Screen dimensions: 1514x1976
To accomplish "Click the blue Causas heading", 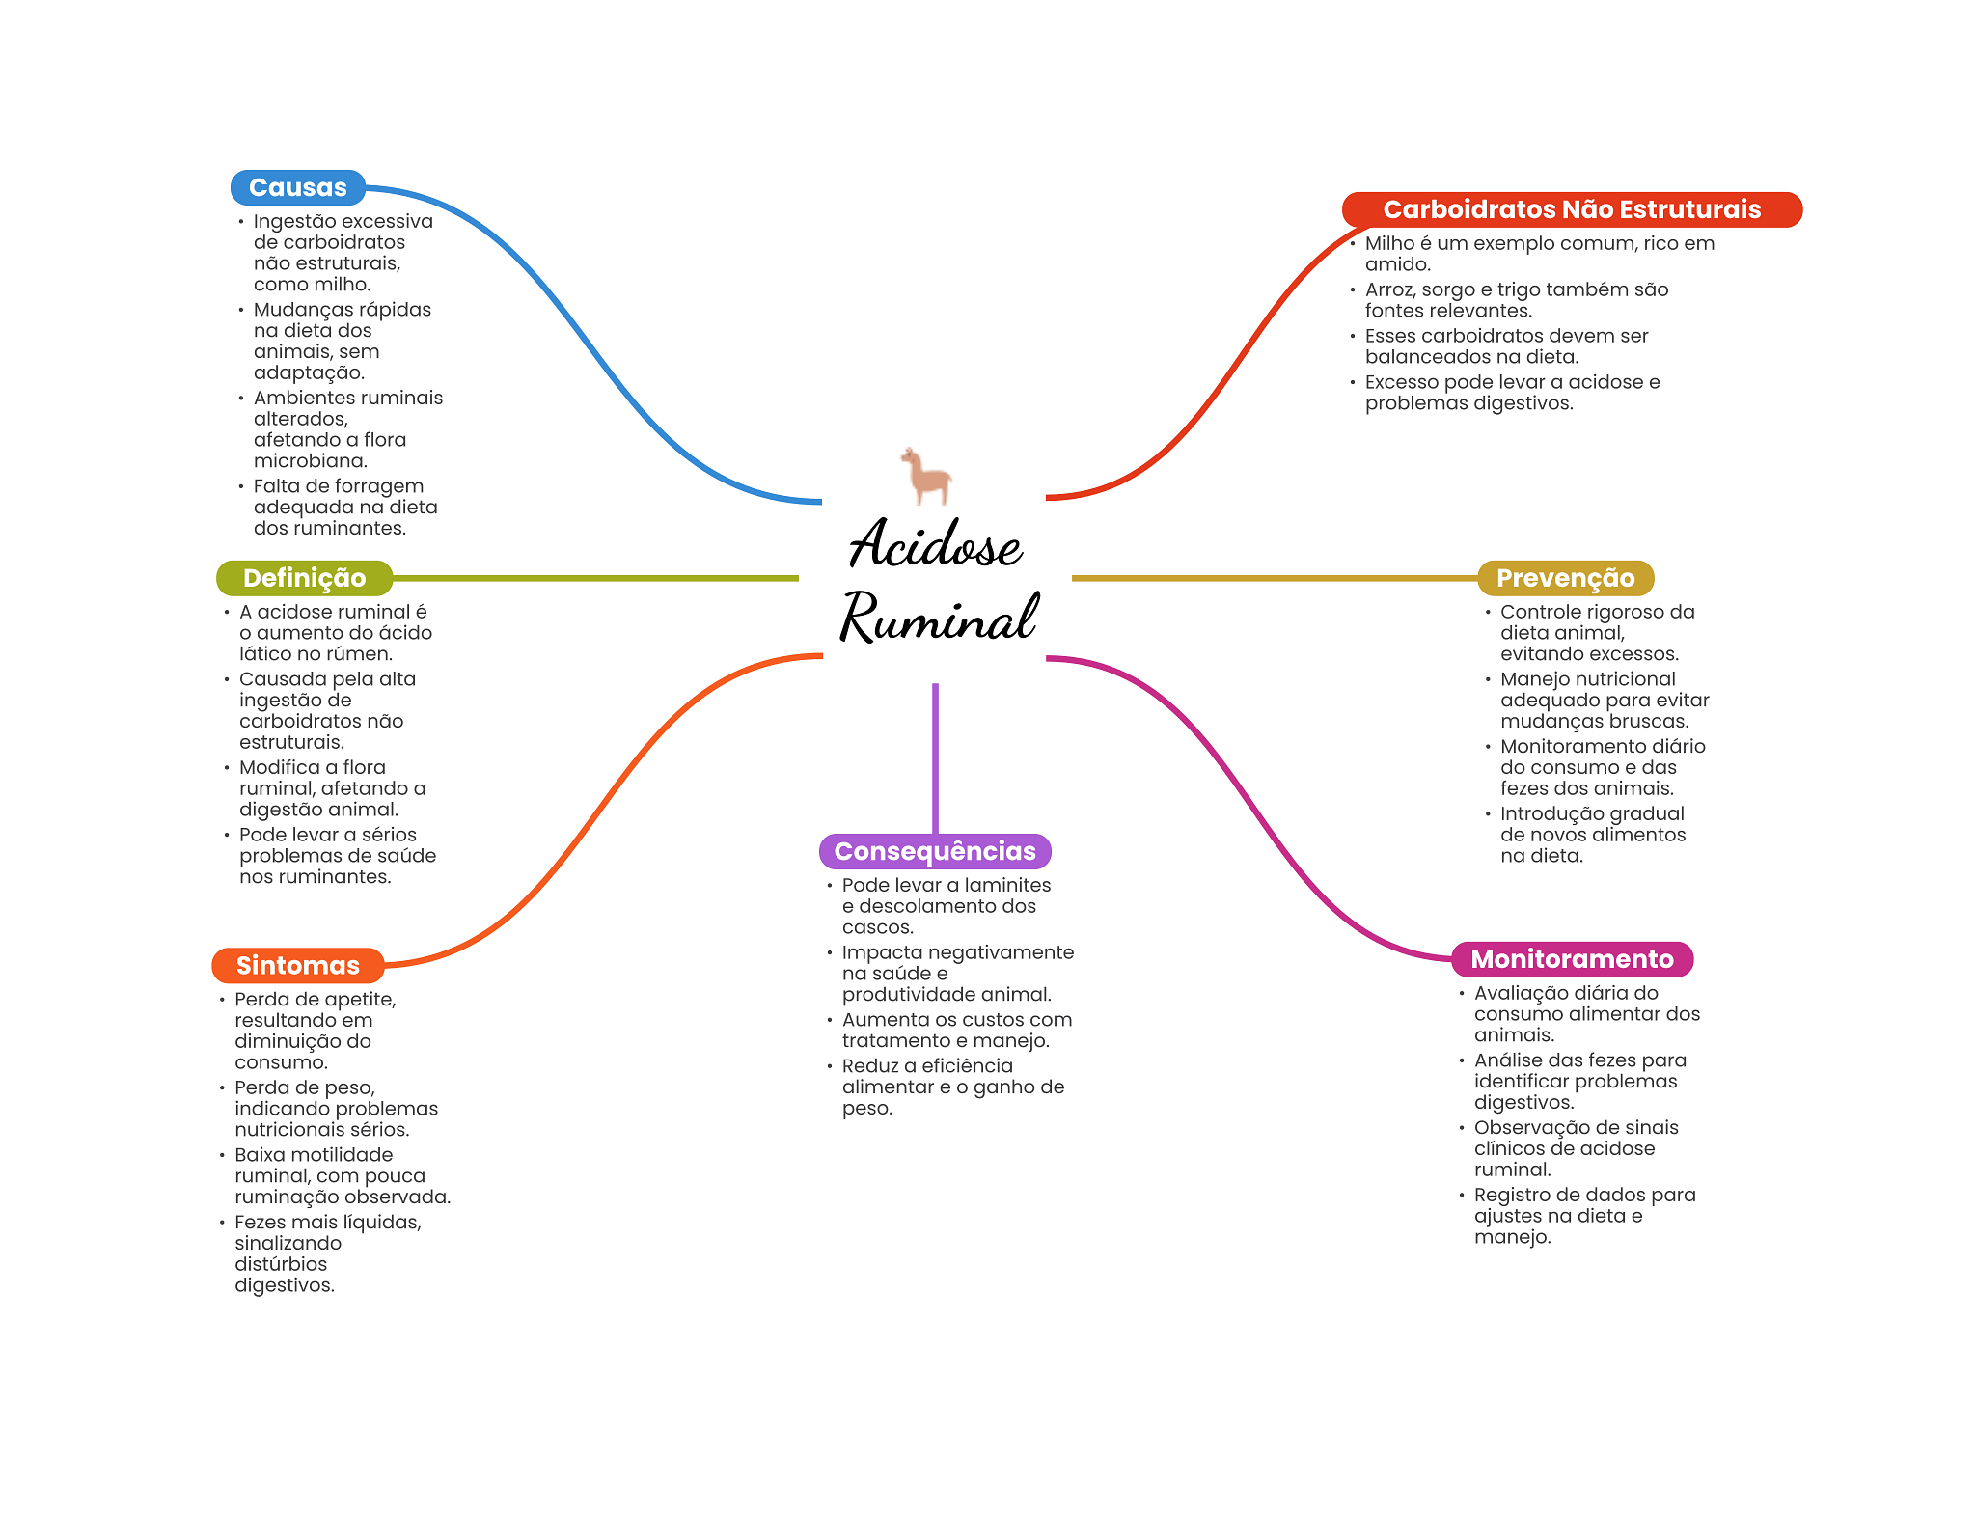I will click(x=297, y=187).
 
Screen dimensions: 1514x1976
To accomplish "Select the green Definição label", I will click(x=304, y=578).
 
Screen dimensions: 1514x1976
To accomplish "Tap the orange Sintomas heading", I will click(x=297, y=965).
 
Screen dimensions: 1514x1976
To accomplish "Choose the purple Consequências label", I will click(x=934, y=851).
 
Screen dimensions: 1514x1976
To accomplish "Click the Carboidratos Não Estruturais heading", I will click(x=1571, y=209).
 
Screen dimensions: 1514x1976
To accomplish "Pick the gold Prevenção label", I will click(x=1564, y=578).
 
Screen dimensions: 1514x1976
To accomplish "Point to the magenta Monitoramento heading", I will click(x=1571, y=958).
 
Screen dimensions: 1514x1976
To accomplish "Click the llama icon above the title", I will click(x=926, y=476).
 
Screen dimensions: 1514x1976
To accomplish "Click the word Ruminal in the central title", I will click(x=938, y=618).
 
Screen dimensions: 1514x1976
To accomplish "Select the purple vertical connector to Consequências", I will click(x=935, y=757).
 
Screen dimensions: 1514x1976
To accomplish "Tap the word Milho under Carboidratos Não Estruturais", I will click(x=1388, y=243).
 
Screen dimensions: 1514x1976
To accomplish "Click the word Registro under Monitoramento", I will click(x=1510, y=1195).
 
